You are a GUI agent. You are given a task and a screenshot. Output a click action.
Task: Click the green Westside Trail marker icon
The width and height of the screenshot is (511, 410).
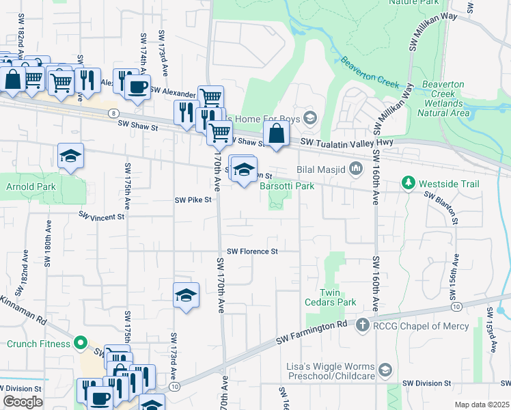[409, 183]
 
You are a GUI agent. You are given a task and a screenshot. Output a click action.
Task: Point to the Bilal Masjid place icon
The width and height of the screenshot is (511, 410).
[355, 168]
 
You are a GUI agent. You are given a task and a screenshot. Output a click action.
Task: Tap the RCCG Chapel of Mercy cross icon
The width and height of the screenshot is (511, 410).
[363, 326]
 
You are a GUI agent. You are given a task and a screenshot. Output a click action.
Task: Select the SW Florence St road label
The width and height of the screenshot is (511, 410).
[252, 251]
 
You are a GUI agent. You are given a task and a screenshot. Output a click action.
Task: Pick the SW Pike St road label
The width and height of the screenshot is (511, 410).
[193, 200]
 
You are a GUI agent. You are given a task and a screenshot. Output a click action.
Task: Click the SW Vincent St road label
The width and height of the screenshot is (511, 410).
[102, 216]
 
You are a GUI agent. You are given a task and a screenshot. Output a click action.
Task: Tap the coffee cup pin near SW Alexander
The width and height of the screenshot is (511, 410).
[137, 87]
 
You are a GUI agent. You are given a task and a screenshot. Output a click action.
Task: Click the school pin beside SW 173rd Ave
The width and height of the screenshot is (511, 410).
[186, 295]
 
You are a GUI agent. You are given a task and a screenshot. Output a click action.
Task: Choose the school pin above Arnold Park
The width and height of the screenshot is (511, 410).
[70, 156]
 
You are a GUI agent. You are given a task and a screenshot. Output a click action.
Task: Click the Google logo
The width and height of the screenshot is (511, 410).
[23, 402]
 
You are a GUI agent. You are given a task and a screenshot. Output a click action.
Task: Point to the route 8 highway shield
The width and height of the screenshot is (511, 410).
[112, 113]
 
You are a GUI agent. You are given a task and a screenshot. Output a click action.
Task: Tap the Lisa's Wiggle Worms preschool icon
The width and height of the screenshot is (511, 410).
[385, 370]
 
